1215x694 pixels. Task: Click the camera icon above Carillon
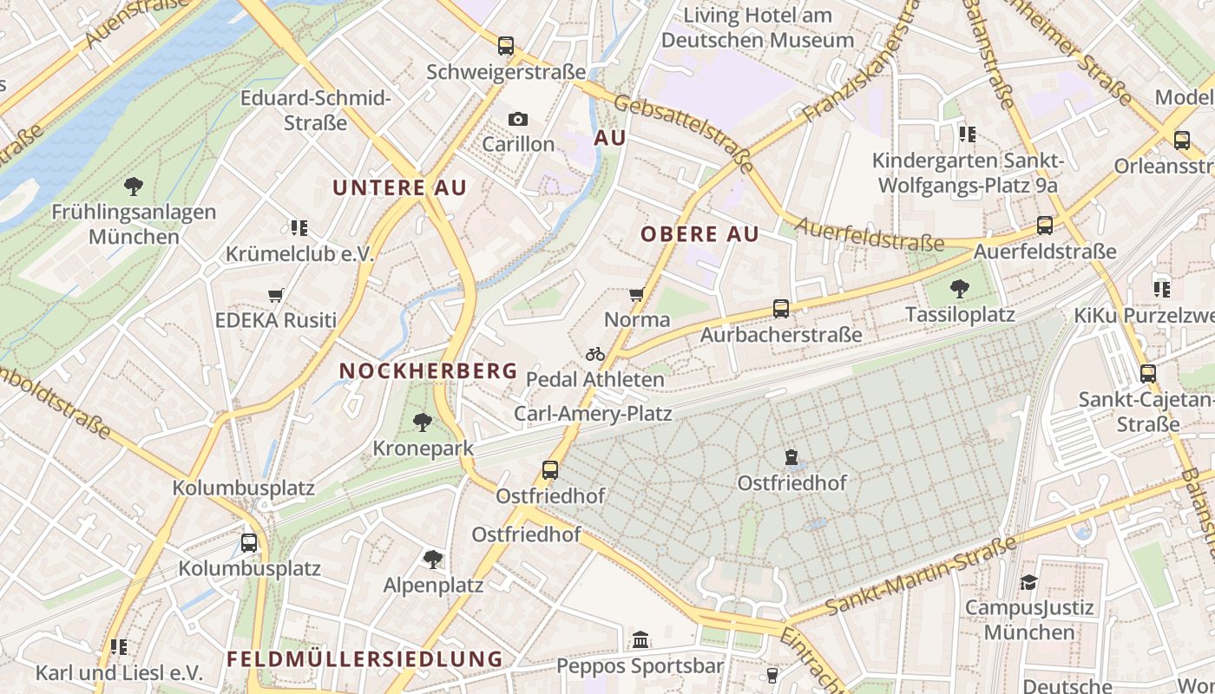click(x=518, y=119)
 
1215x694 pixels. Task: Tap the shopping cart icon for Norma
click(x=636, y=295)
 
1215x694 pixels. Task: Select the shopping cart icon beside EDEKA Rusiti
click(x=276, y=295)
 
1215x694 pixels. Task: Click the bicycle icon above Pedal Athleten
click(x=595, y=354)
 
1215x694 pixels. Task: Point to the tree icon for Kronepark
click(x=423, y=422)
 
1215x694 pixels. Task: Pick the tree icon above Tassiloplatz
click(x=960, y=289)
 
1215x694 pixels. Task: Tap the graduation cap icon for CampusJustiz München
click(x=1028, y=582)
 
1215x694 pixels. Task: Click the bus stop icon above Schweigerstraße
click(x=506, y=46)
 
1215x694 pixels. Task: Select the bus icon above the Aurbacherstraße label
click(x=781, y=309)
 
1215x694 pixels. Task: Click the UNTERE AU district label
click(x=400, y=187)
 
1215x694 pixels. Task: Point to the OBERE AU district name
click(x=699, y=233)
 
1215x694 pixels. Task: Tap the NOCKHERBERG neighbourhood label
click(x=428, y=370)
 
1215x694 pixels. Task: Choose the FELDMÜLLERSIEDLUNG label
click(x=364, y=658)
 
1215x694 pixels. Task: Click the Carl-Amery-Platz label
click(x=593, y=413)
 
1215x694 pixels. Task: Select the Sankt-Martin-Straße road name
click(x=921, y=576)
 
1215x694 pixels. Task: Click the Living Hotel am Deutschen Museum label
click(x=758, y=28)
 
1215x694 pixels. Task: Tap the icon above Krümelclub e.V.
click(x=299, y=228)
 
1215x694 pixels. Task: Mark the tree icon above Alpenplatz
click(x=433, y=560)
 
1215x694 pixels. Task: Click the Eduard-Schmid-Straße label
click(x=316, y=110)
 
